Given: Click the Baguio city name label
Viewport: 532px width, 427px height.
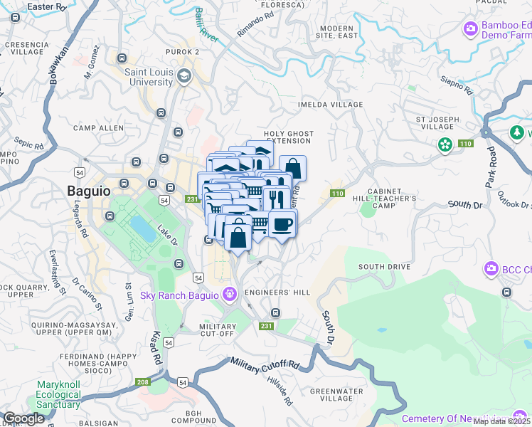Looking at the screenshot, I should [88, 191].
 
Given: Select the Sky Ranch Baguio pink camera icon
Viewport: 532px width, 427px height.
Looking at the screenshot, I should [229, 293].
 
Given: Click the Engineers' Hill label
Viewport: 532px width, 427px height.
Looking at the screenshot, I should [277, 292].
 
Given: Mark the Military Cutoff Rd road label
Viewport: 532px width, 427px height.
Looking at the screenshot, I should [265, 363].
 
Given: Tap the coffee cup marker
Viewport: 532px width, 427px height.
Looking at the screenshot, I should [282, 225].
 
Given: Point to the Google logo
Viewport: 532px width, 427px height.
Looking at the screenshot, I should [23, 418].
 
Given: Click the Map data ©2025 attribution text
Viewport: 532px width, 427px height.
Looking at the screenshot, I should [502, 421].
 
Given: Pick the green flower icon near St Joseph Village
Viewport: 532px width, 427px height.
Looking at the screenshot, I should [445, 144].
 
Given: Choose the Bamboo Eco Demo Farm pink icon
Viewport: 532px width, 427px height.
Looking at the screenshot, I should [469, 29].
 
